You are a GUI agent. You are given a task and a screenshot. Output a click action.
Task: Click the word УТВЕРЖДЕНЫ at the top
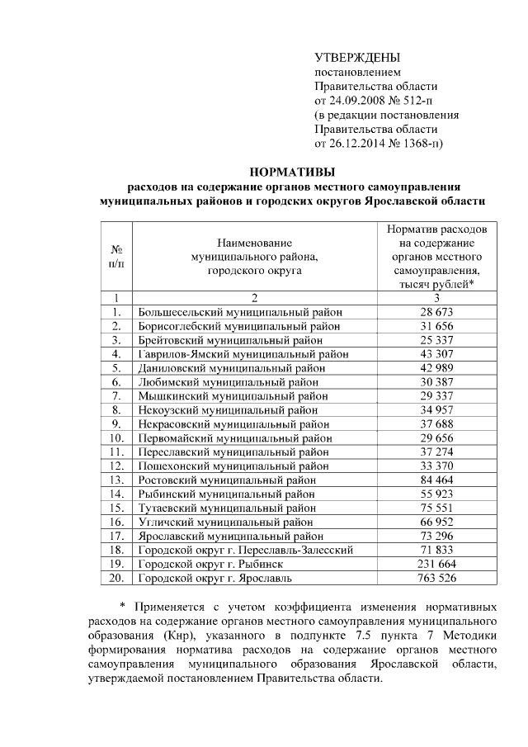pos(357,58)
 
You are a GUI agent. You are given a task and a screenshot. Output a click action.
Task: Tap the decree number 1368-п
pos(422,143)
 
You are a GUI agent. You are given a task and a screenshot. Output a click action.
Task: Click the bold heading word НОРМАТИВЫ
pos(293,172)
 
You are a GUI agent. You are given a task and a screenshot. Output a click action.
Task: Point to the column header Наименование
pos(255,243)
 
